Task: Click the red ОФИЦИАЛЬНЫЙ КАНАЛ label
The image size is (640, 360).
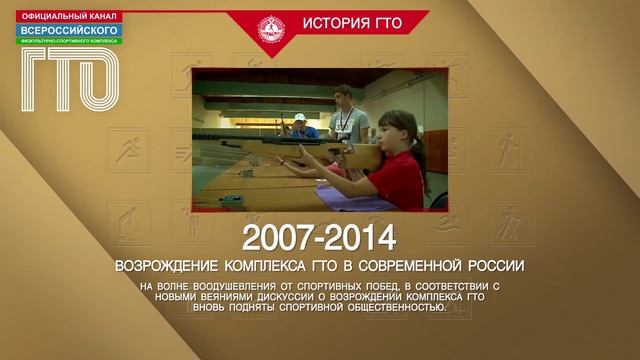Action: point(67,15)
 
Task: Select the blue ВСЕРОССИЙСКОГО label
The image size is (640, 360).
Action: point(67,30)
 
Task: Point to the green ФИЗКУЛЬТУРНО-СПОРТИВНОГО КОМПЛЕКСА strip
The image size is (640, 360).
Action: point(67,41)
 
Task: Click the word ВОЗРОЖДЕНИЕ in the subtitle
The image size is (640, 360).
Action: point(164,266)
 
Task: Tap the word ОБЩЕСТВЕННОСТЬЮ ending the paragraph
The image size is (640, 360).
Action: point(390,308)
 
